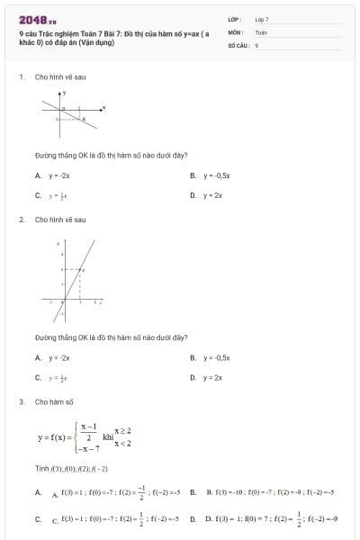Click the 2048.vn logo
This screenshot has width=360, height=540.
click(x=37, y=20)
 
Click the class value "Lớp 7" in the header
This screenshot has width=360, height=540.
click(x=262, y=19)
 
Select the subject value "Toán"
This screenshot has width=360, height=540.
click(x=261, y=31)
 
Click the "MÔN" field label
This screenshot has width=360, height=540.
click(x=236, y=31)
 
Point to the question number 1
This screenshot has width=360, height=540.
click(x=21, y=76)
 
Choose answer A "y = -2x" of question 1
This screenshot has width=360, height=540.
click(x=59, y=175)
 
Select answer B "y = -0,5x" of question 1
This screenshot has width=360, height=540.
click(x=217, y=175)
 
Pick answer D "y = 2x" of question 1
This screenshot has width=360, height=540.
click(x=212, y=195)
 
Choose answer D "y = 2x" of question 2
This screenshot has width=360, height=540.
click(x=212, y=378)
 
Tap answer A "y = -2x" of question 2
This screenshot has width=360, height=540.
click(x=59, y=358)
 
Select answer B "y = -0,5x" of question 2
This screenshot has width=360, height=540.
click(x=217, y=358)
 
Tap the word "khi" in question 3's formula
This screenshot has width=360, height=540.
click(x=108, y=436)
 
